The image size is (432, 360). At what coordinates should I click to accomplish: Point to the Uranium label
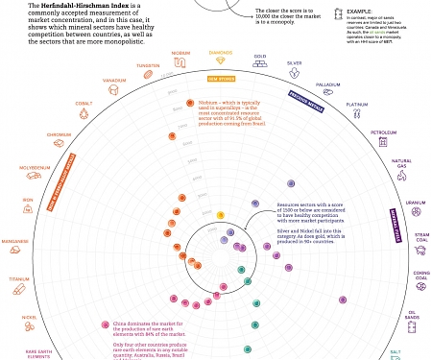click(x=415, y=203)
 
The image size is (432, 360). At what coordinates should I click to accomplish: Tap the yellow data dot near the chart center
click(x=220, y=215)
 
